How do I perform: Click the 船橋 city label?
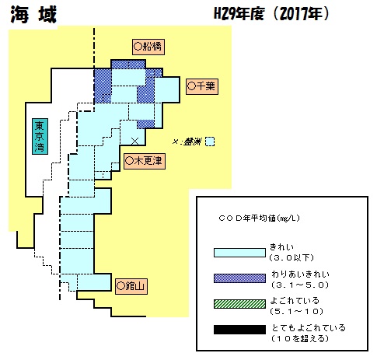pyautogui.click(x=148, y=47)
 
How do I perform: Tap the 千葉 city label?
pyautogui.click(x=202, y=86)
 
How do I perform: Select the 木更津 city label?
pyautogui.click(x=145, y=161)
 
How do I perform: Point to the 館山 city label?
pyautogui.click(x=131, y=286)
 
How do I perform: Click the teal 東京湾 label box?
pyautogui.click(x=40, y=136)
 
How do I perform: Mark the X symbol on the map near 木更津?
pyautogui.click(x=135, y=142)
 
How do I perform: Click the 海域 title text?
pyautogui.click(x=33, y=15)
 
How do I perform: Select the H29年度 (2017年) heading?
pyautogui.click(x=271, y=13)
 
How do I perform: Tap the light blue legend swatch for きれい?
pyautogui.click(x=239, y=253)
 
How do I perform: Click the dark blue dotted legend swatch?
pyautogui.click(x=239, y=278)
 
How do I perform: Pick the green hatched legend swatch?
pyautogui.click(x=239, y=304)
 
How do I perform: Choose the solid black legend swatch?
pyautogui.click(x=239, y=330)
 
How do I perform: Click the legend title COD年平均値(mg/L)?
pyautogui.click(x=259, y=218)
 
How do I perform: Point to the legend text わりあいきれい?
pyautogui.click(x=300, y=274)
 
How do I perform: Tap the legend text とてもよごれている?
pyautogui.click(x=309, y=328)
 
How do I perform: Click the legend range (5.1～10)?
pyautogui.click(x=297, y=311)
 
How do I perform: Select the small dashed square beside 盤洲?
pyautogui.click(x=210, y=142)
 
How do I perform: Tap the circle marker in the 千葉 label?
pyautogui.click(x=191, y=86)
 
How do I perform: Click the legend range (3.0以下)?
pyautogui.click(x=291, y=258)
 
